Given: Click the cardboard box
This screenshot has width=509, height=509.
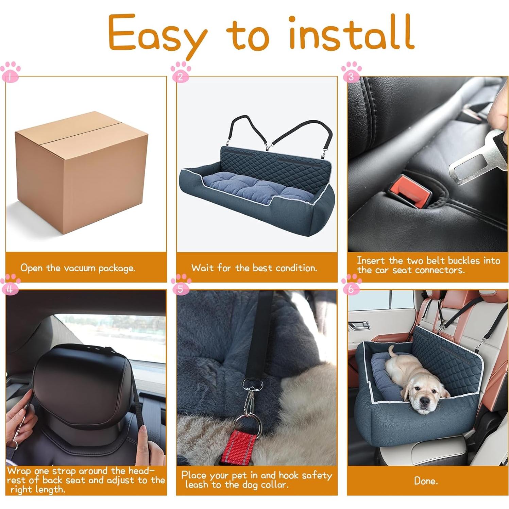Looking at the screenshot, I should pyautogui.click(x=82, y=172).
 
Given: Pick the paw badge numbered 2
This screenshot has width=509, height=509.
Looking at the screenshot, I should pyautogui.click(x=181, y=72).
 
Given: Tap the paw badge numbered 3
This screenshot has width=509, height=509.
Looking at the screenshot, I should pyautogui.click(x=351, y=72).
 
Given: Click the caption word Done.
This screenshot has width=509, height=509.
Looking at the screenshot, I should pyautogui.click(x=426, y=481).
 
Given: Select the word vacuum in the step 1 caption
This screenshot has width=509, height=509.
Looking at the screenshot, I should pyautogui.click(x=80, y=268).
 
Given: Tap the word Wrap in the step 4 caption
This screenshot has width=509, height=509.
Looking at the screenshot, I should pyautogui.click(x=19, y=471).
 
